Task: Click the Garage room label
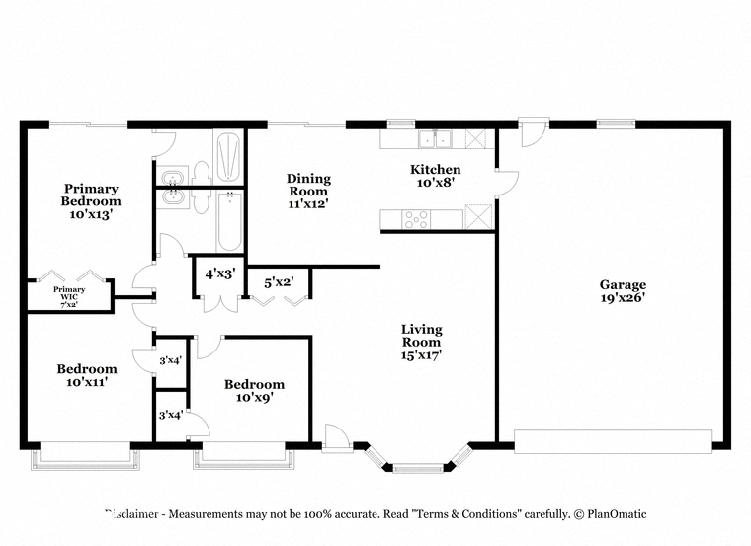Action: [623, 284]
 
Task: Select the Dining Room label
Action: [308, 185]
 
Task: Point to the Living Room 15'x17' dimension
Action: [421, 355]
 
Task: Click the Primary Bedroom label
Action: [91, 195]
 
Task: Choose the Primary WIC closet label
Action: [69, 293]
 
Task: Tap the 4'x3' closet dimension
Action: [220, 274]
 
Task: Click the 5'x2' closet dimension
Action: [279, 282]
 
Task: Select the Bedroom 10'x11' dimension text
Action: [87, 382]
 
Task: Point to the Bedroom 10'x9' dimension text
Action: [254, 397]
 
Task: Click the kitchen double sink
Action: [436, 139]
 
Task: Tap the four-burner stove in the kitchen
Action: [416, 220]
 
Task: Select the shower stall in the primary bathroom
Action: [228, 156]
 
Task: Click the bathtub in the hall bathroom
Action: [229, 221]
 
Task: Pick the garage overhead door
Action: [613, 441]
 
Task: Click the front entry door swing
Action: [336, 436]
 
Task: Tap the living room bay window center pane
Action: [418, 468]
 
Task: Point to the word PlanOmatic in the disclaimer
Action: [617, 514]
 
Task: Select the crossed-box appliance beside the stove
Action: [478, 217]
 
